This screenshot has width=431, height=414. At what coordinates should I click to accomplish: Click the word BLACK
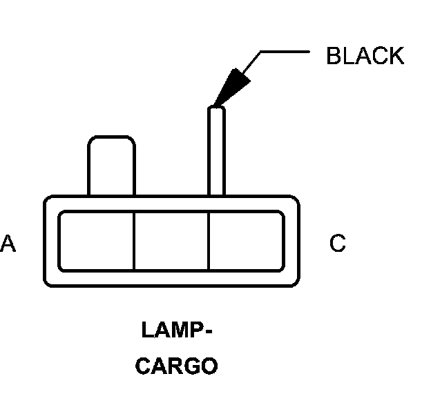[365, 56]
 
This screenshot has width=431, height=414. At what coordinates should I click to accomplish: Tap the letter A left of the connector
[8, 244]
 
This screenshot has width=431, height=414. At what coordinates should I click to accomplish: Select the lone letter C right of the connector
[338, 244]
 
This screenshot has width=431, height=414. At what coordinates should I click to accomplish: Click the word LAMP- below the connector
[176, 331]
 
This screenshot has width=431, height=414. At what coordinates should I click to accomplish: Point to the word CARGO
[176, 366]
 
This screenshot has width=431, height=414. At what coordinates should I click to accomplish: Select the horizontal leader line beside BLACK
[283, 51]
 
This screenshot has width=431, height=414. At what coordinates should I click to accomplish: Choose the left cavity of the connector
[96, 241]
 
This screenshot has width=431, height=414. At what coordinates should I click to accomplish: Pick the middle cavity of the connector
[171, 241]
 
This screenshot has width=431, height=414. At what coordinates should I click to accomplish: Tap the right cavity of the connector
[246, 241]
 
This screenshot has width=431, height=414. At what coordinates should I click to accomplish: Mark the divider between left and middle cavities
[133, 241]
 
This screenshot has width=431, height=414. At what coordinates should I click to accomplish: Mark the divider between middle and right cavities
[209, 241]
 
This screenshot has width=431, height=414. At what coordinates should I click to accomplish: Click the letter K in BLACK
[396, 56]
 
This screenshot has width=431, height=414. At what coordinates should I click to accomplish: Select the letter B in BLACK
[334, 56]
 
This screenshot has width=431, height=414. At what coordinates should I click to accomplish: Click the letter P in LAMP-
[195, 331]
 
